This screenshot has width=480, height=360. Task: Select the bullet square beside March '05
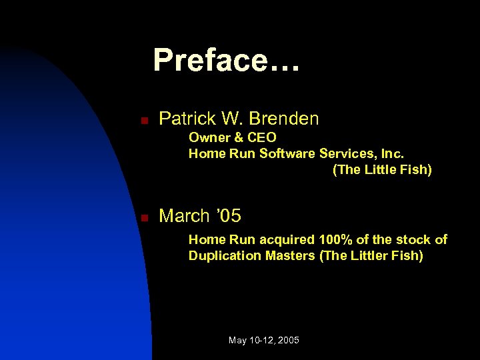pyautogui.click(x=143, y=218)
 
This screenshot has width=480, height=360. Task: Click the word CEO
pyautogui.click(x=261, y=137)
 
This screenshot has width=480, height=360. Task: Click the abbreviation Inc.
pyautogui.click(x=391, y=153)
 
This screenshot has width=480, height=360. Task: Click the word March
pyautogui.click(x=184, y=216)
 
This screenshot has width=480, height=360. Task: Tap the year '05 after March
pyautogui.click(x=228, y=216)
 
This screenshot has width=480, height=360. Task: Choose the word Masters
pyautogui.click(x=287, y=255)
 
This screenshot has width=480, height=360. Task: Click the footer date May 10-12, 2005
pyautogui.click(x=263, y=340)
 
